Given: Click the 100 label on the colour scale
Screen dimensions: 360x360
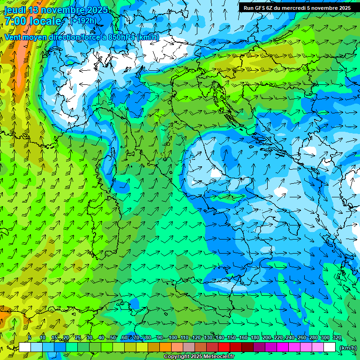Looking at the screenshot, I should [x=173, y=338].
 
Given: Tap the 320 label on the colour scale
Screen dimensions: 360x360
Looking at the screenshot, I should [x=337, y=338].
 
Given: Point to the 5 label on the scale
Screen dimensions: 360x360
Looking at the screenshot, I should [x=29, y=338].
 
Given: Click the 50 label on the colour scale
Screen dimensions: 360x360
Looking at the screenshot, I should [x=113, y=338].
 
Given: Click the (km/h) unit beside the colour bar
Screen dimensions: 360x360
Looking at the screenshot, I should [x=347, y=348].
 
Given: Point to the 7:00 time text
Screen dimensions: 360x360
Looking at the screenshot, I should [x=15, y=21].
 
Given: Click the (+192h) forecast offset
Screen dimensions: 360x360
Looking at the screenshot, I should [x=84, y=21].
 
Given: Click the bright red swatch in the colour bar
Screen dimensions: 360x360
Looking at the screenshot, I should [x=224, y=347].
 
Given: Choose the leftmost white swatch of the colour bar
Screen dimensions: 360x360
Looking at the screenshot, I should [x=25, y=347].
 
